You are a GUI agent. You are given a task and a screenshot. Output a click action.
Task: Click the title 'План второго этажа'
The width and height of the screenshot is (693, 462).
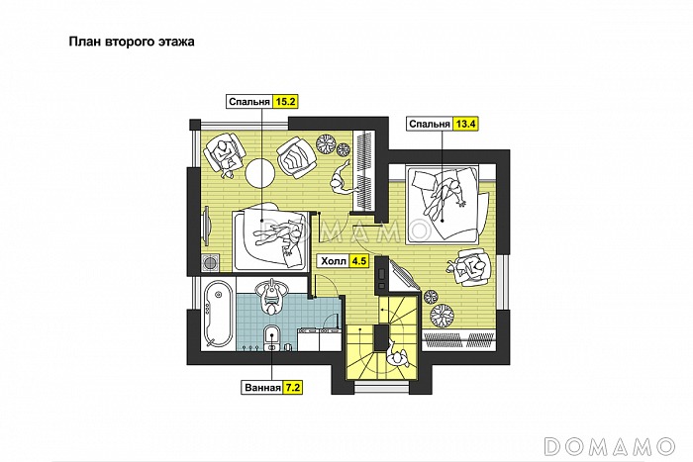[x=132, y=42]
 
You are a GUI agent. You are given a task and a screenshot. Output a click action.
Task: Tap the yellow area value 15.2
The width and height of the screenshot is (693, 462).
[x=285, y=102]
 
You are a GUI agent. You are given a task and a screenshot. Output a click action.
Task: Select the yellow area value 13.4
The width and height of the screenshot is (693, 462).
[x=465, y=124]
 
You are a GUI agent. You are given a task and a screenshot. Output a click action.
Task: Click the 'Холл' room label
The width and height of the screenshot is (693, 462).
[x=334, y=261]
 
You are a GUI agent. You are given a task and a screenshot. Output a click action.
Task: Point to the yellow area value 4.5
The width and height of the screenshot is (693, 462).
[x=358, y=261]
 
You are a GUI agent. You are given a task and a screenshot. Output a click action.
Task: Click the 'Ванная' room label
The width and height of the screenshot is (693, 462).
[x=262, y=388]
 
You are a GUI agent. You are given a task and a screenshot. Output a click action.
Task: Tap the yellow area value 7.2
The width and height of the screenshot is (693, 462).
[x=293, y=388]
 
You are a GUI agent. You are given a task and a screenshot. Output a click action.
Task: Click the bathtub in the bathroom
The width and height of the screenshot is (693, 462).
[x=218, y=314]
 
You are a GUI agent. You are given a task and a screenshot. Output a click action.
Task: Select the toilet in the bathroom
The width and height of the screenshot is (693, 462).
[x=271, y=338]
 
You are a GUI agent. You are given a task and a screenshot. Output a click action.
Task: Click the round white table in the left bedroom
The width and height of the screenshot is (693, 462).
[x=259, y=173]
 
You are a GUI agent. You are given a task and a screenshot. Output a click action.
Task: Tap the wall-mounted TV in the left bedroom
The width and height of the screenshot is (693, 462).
[x=206, y=227]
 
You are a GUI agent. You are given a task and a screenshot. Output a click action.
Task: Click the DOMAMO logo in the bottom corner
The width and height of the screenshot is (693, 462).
[x=610, y=446]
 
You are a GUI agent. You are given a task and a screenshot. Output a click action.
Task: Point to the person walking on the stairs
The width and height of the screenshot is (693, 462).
[x=398, y=354]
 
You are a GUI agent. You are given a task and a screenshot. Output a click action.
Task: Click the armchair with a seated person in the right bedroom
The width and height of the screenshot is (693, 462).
[x=472, y=267]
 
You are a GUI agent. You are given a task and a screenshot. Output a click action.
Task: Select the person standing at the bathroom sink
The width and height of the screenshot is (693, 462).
[x=271, y=296]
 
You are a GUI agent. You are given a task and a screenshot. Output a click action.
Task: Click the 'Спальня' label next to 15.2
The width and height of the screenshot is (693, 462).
[x=249, y=102]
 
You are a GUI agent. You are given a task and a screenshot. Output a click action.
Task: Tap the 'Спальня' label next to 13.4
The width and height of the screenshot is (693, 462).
[x=429, y=124]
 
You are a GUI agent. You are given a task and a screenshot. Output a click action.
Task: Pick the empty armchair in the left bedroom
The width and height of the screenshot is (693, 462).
[x=297, y=157]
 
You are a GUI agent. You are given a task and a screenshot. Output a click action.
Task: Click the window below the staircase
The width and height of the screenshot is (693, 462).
[x=381, y=388]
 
